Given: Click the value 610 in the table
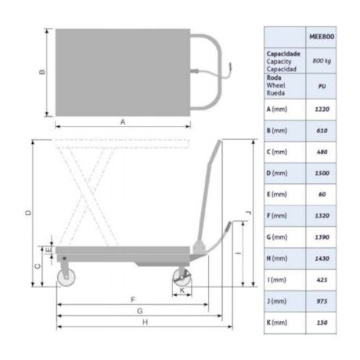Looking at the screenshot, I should [322, 130].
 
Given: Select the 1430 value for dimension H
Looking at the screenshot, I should [322, 258].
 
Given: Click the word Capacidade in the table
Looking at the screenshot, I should [283, 53].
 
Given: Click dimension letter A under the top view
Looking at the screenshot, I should [123, 122].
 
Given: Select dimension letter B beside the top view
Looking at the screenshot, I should [42, 72].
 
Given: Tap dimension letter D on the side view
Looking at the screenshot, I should [27, 213].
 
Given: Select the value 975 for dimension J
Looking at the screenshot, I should [322, 301].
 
